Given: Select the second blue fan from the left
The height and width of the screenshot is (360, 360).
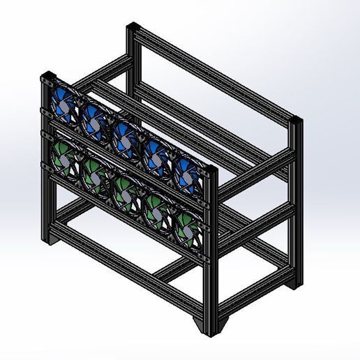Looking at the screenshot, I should click(92, 120).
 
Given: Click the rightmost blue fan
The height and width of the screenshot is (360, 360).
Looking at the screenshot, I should click(186, 174).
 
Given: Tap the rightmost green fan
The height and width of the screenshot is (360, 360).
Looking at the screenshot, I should click(185, 227).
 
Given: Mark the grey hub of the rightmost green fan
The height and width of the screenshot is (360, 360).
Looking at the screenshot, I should click(185, 227).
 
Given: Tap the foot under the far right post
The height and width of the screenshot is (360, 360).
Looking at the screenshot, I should click(299, 283).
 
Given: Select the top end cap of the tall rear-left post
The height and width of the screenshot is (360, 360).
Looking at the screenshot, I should click(134, 28).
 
